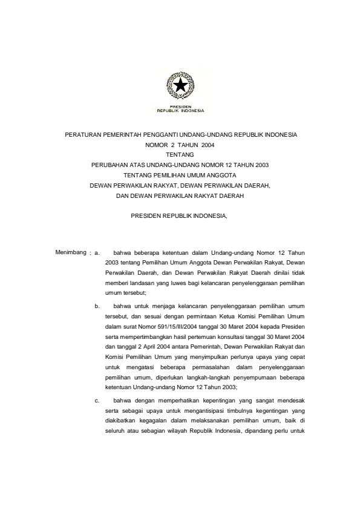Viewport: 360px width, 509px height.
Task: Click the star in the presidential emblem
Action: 180,87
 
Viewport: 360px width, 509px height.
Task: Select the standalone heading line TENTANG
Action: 180,155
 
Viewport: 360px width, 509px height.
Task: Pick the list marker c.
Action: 96,400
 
